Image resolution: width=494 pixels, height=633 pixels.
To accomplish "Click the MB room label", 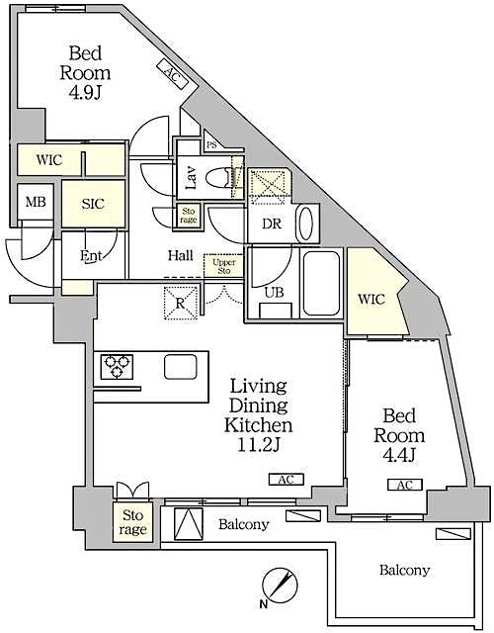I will coord(36,203).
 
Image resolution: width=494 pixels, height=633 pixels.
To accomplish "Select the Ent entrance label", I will coord(91,257).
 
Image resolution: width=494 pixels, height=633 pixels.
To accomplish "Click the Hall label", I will coord(180,255).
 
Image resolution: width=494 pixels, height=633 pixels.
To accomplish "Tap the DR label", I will coord(273,224).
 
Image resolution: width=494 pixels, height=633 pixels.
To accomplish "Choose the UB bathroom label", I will coord(273,294).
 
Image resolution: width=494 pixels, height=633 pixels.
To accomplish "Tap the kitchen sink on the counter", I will coord(181,367).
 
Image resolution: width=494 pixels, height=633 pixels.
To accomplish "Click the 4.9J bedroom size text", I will coord(89,95).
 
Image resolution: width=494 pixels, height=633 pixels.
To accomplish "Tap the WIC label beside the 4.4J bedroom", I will coord(371,299).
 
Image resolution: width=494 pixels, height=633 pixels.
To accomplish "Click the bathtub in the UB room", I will coord(320,283).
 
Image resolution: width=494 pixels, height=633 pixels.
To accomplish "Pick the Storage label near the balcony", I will coord(132,522).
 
